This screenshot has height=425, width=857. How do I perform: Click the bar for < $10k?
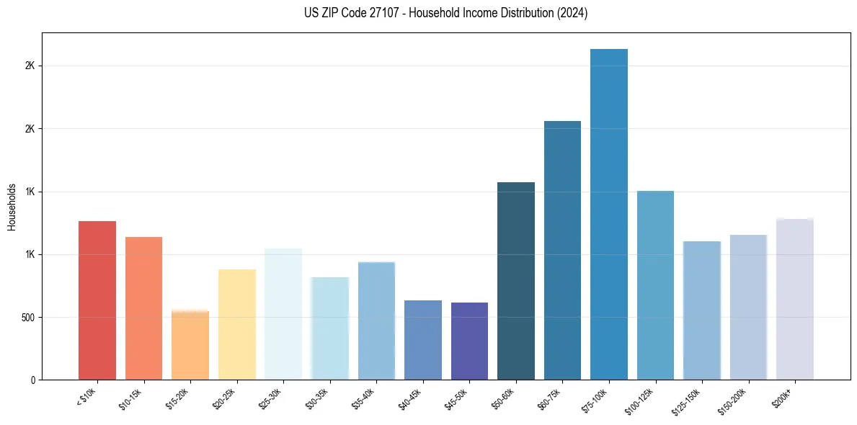coord(97,300)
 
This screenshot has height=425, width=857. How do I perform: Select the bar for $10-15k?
coord(143,308)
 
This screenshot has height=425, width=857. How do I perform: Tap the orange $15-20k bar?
coord(190,345)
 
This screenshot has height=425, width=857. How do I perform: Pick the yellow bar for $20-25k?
coord(237,324)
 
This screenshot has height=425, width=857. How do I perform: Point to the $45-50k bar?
coord(469,341)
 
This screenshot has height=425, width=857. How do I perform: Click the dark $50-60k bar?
coord(516,281)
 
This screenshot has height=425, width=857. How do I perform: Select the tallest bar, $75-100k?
coord(609,214)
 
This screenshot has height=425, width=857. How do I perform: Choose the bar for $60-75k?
coord(562,250)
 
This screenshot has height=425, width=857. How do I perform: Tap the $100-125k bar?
coord(655,285)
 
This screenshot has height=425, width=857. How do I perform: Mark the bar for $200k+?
coord(795,299)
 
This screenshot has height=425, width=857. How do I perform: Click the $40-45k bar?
coord(423,340)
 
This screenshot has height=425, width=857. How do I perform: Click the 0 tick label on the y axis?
coord(33,380)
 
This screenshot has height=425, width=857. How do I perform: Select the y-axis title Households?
coord(12,207)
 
